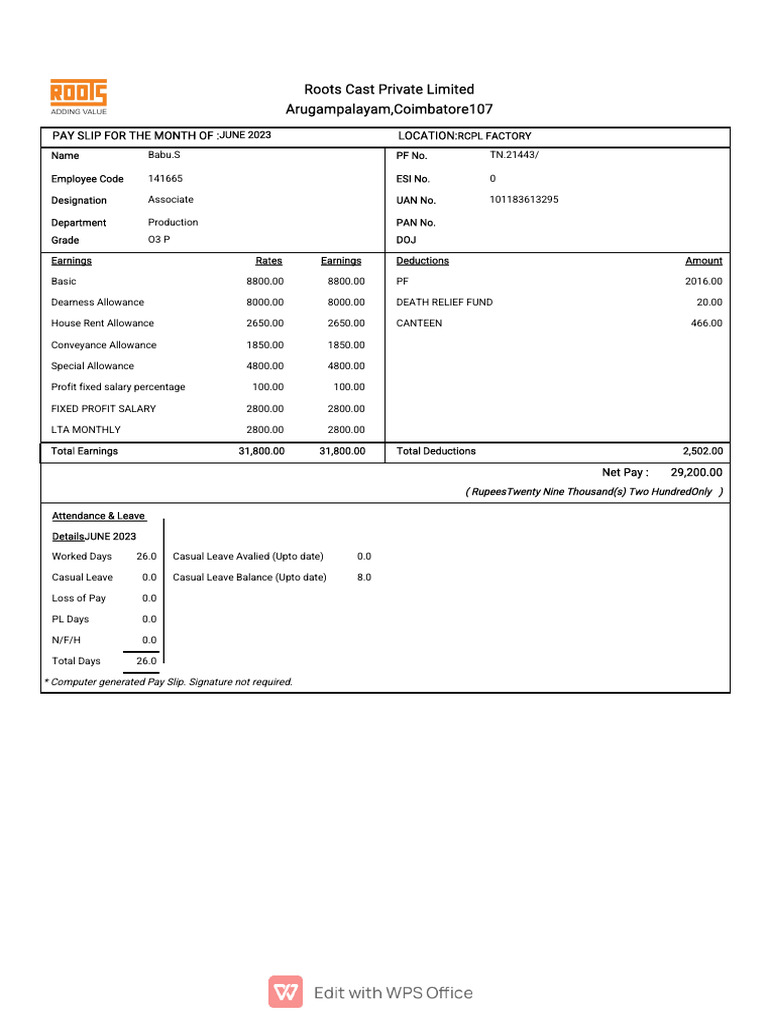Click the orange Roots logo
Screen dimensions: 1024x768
[x=78, y=93]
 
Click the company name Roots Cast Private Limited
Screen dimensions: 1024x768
[x=389, y=89]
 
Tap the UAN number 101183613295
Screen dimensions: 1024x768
[x=523, y=199]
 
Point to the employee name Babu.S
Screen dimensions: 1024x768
[x=164, y=155]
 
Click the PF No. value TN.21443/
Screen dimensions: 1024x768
[x=514, y=155]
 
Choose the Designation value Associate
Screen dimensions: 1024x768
[x=171, y=200]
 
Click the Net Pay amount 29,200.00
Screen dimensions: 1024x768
[x=689, y=472]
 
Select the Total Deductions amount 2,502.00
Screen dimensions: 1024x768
[x=701, y=451]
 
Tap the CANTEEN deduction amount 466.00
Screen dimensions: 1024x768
[x=706, y=323]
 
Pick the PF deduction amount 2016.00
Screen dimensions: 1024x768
[x=703, y=282]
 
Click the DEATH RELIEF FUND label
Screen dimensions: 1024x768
[x=444, y=302]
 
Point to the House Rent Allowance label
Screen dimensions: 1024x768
[x=103, y=323]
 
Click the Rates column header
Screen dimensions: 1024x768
[x=268, y=261]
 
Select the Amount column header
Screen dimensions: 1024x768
[x=703, y=261]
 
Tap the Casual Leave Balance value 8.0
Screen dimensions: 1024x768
[x=364, y=577]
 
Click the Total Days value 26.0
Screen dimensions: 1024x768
[x=146, y=661]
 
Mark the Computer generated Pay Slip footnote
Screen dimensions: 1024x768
[x=169, y=682]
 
